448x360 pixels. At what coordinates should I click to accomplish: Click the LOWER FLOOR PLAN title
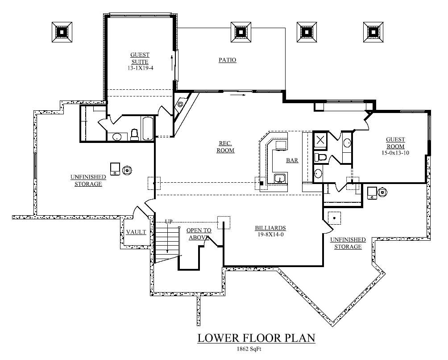(257, 338)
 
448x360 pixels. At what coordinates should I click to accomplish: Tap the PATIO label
(227, 60)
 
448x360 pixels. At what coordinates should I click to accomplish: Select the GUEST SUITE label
(140, 58)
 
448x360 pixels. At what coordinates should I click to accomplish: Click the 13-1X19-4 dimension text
(140, 68)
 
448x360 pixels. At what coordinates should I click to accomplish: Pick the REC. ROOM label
(226, 147)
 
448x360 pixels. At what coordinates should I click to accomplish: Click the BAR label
(292, 160)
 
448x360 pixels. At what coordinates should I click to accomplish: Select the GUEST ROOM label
(395, 143)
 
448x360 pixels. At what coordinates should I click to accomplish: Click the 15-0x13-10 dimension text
(395, 153)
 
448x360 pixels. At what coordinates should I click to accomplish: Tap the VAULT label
(136, 232)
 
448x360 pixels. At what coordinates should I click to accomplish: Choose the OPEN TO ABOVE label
(198, 234)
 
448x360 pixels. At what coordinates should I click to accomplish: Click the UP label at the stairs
(169, 222)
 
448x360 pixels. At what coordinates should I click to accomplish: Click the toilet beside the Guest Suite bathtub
(134, 134)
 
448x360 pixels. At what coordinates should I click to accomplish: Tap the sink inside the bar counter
(280, 179)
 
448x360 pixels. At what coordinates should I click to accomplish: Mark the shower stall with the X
(320, 141)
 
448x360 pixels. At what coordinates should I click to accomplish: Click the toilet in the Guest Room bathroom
(319, 157)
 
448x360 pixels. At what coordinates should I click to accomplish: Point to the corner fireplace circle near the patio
(180, 105)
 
